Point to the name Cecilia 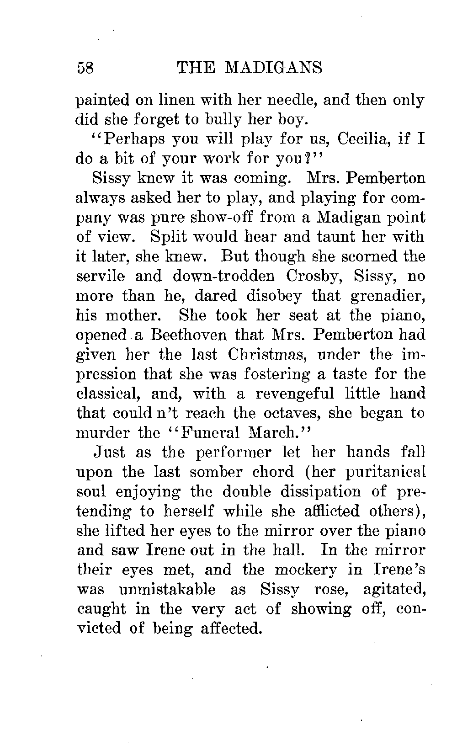coord(363,139)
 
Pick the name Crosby coord(317,276)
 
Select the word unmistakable coord(167,589)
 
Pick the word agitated coord(393,589)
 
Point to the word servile coord(100,276)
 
